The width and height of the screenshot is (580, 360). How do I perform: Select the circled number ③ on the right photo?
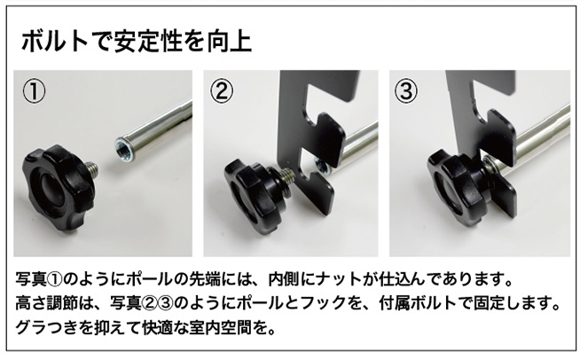tap(408, 90)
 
